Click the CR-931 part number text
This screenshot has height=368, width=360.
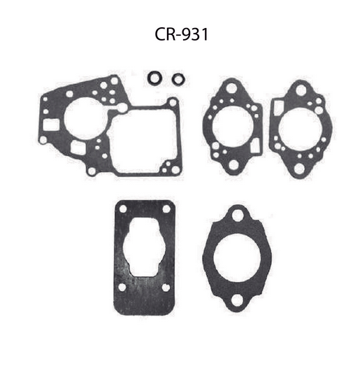[x=180, y=35]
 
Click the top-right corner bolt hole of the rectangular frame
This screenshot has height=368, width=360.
[x=172, y=103]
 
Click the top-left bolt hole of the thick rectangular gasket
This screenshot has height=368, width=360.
[x=122, y=210]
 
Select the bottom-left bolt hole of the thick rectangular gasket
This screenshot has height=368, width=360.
[x=122, y=287]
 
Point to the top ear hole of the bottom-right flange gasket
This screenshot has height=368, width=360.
[x=238, y=214]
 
